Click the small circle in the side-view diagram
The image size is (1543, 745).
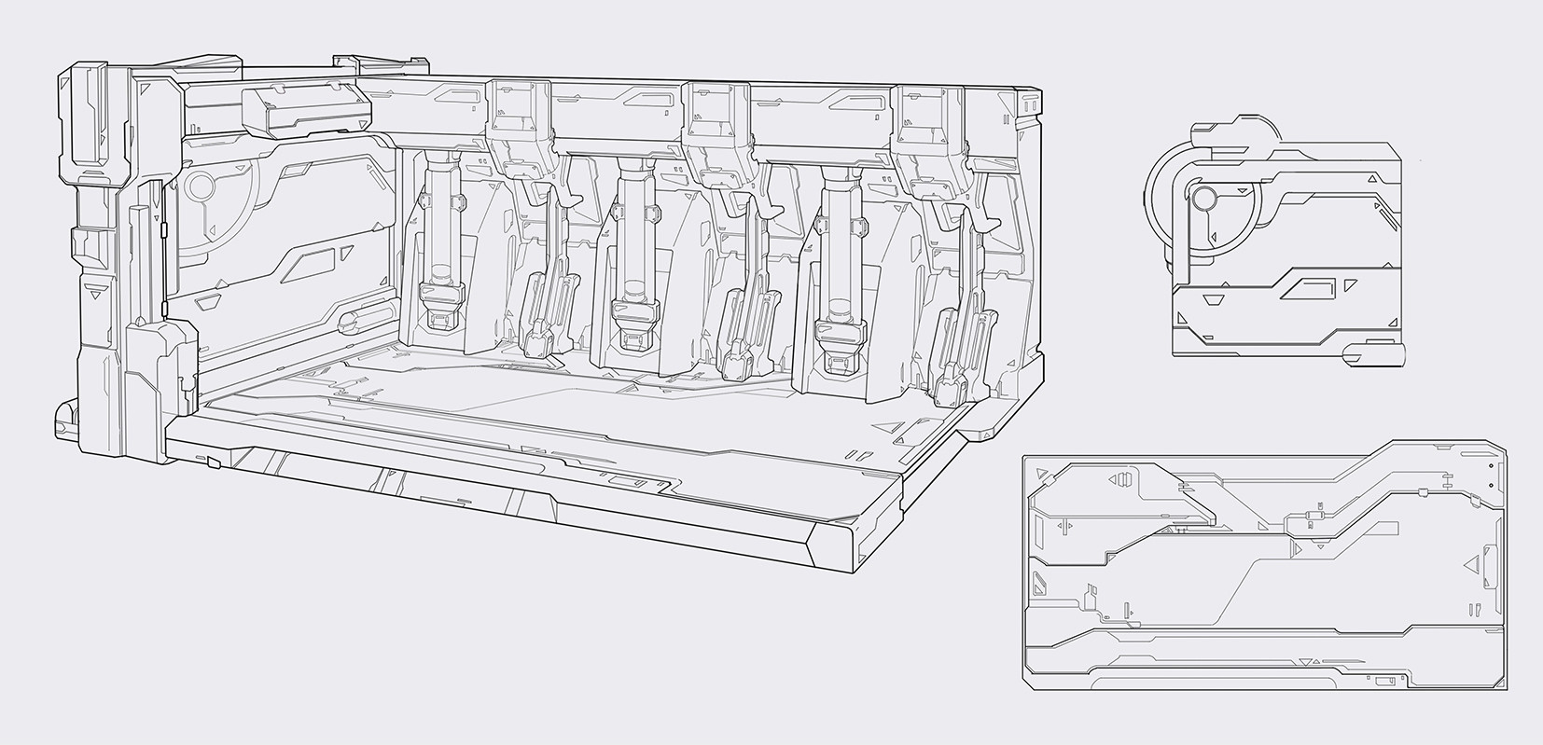[1202, 198]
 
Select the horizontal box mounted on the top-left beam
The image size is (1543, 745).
[306, 108]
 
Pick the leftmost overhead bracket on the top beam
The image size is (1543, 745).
[519, 121]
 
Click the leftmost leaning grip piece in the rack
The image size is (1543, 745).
[541, 317]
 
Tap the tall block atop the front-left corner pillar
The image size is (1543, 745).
[93, 117]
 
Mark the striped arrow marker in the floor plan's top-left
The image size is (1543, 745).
[1120, 480]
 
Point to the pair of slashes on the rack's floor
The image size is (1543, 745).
[855, 457]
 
